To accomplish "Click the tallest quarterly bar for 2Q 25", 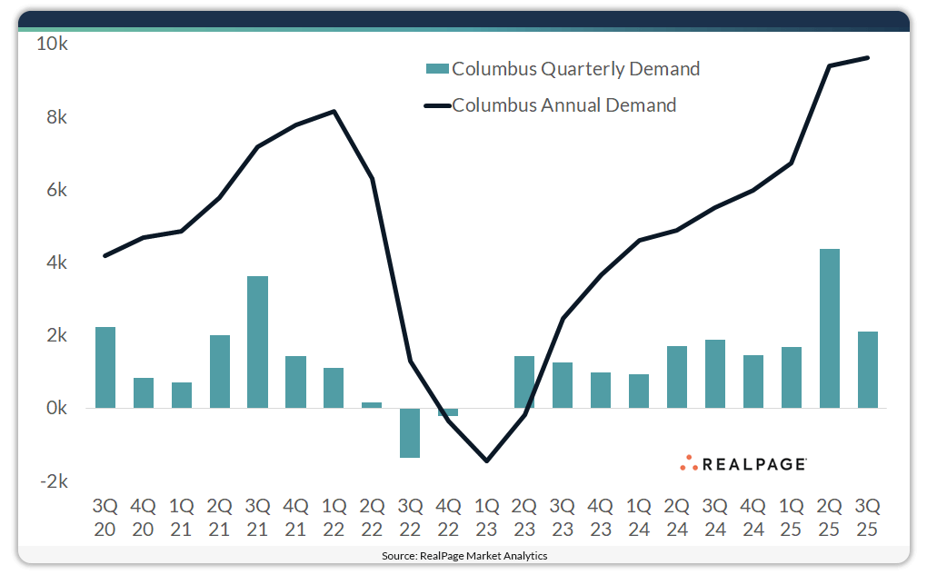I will point(829,328).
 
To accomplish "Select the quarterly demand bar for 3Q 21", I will point(258,342).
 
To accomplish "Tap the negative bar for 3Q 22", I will point(410,432).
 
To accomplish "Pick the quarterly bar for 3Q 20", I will point(105,367).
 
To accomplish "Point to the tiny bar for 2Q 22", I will point(372,405).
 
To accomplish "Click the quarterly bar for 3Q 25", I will point(868,370).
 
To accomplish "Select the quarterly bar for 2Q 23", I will point(524,382).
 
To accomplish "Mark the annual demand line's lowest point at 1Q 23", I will point(486,461).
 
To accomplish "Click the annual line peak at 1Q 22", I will point(334,112).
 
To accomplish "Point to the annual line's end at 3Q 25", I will point(868,58).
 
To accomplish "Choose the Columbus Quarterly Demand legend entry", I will point(563,69).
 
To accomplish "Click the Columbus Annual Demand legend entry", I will point(552,105).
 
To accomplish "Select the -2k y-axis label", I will point(53,481).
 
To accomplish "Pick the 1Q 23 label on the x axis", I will point(486,516).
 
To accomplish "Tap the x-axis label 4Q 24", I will point(753,516).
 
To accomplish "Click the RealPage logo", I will point(743,464).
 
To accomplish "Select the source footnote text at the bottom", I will point(464,555).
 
